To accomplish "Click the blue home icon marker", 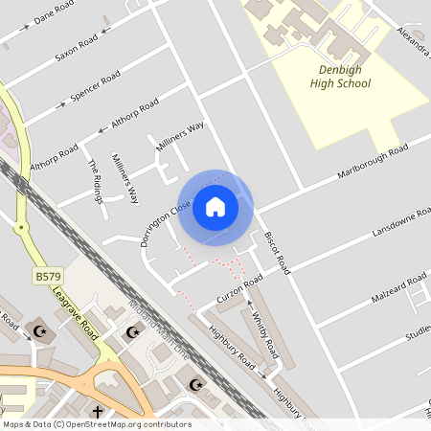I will point(215,207).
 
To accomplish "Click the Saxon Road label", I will point(76,48).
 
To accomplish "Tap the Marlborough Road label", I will point(372,163).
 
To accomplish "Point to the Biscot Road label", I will point(277,247).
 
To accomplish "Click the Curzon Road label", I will point(238,289).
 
